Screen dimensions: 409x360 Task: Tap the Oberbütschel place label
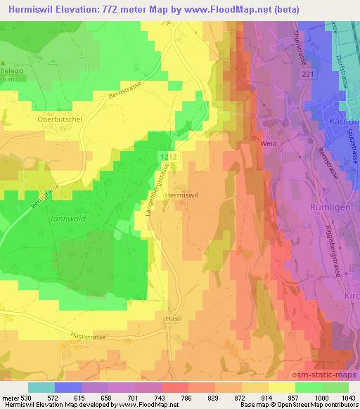coord(60,119)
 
